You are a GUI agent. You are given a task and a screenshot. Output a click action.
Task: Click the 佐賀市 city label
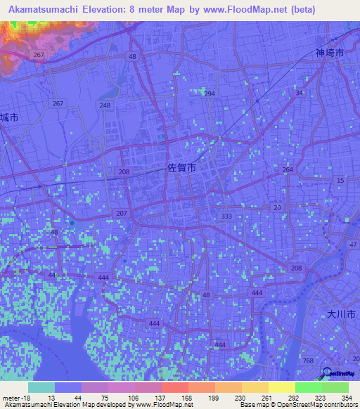(181, 169)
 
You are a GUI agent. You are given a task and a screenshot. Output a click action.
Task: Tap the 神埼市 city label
(329, 53)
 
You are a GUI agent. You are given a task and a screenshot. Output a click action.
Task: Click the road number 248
(105, 105)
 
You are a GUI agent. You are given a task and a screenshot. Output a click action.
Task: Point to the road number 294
(209, 93)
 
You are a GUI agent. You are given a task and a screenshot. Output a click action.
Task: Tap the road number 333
(226, 216)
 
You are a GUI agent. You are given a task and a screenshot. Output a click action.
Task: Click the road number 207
(122, 213)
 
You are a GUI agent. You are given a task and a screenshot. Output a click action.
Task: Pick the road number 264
(288, 170)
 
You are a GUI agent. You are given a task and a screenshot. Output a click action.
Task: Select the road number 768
(307, 361)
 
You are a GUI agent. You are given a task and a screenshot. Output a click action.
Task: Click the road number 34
(300, 93)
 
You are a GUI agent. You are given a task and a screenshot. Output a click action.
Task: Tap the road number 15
(341, 181)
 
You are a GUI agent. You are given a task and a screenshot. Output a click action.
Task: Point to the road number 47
(353, 245)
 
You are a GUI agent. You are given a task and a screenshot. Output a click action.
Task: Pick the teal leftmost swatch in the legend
(41, 387)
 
